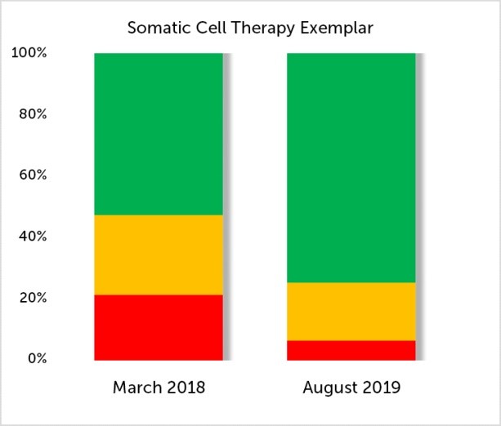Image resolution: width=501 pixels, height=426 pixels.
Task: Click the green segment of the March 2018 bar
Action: (159, 134)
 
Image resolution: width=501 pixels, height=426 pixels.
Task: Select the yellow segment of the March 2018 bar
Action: (159, 255)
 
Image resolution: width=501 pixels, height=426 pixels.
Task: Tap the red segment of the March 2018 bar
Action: (159, 327)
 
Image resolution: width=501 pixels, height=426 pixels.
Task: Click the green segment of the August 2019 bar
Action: (351, 167)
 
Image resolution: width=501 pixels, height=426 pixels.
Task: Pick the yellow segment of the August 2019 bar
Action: (351, 312)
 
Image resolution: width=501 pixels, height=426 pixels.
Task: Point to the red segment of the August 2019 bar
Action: (351, 350)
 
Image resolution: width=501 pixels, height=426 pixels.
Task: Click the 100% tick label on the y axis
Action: (29, 53)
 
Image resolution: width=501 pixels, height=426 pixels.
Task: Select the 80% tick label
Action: (32, 114)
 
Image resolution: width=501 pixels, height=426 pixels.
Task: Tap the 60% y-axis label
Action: (32, 175)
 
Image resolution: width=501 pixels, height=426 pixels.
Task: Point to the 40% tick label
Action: (32, 237)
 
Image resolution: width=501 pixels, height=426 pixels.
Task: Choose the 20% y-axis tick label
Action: (32, 298)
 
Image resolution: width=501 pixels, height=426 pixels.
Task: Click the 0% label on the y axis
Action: (35, 359)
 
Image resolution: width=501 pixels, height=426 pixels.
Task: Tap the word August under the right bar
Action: (329, 388)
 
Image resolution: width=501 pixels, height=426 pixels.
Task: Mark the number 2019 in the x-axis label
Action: (381, 388)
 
